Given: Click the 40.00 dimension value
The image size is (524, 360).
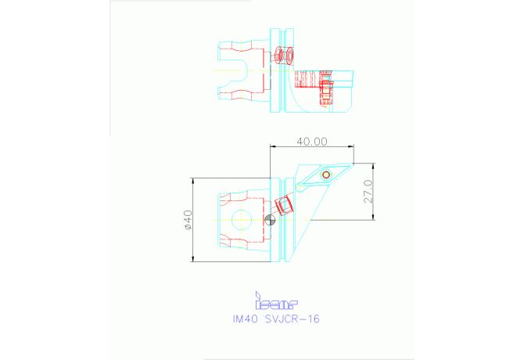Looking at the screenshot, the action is tap(312, 142).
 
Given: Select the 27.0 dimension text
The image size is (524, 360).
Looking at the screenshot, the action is tap(368, 192).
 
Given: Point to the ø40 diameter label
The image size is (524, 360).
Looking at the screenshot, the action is tap(188, 220).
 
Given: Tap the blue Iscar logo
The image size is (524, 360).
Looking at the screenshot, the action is tap(276, 301).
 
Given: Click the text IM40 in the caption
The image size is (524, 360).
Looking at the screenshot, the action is tap(246, 319).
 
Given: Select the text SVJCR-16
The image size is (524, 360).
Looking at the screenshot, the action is tap(293, 319).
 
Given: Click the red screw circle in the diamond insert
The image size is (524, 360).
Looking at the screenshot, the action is tap(326, 175).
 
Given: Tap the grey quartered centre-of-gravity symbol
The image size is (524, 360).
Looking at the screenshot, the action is tap(270, 220).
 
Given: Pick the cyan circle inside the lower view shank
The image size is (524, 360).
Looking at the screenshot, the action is tap(242, 220).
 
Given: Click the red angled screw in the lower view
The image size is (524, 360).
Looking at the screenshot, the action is tap(284, 206).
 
